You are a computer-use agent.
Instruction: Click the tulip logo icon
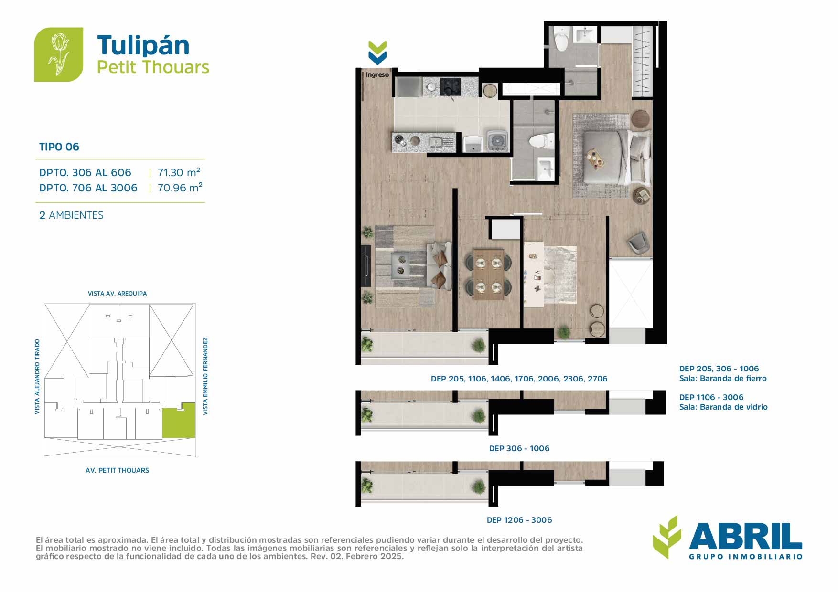click(x=59, y=54)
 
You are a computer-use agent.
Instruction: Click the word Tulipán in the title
click(x=143, y=46)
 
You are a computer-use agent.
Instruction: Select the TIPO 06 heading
click(x=59, y=147)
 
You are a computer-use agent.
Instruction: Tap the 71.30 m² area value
click(x=179, y=172)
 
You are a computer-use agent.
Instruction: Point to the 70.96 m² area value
click(x=180, y=188)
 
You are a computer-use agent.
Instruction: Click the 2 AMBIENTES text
click(x=71, y=215)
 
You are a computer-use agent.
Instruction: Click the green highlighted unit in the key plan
click(x=179, y=421)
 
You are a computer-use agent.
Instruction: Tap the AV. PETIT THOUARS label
click(x=117, y=470)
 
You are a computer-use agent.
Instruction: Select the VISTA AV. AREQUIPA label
click(x=117, y=294)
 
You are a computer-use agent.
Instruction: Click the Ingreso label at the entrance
click(x=377, y=75)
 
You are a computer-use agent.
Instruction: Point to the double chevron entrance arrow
click(x=377, y=53)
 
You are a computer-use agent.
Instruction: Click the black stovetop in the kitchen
click(x=451, y=86)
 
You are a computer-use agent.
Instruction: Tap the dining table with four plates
click(x=488, y=274)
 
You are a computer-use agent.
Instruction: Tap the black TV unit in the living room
click(x=366, y=266)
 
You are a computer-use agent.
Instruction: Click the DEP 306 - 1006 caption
click(x=519, y=448)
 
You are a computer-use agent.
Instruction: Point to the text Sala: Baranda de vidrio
click(x=723, y=407)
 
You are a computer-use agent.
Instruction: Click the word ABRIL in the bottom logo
click(x=745, y=536)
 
